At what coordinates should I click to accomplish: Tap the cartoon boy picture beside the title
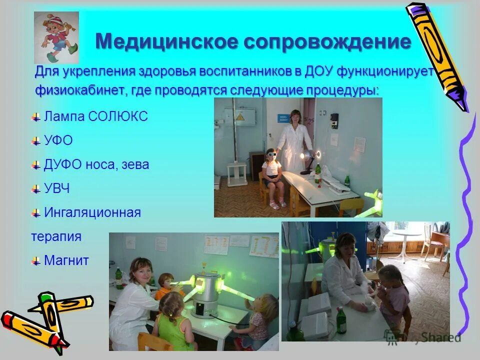56,37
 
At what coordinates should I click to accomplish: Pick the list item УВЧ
56,188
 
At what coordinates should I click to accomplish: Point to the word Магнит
66,260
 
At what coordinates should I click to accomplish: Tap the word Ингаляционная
92,212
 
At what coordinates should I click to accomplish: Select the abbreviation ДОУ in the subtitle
318,71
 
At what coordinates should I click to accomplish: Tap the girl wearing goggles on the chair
272,175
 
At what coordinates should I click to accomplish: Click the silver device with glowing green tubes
204,295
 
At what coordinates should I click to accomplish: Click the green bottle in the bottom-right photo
342,320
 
